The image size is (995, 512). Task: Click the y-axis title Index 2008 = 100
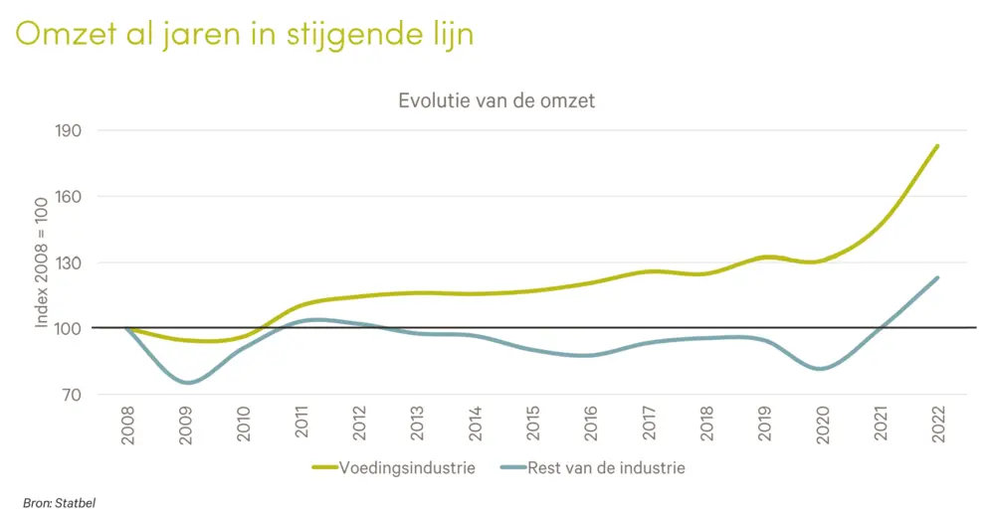click(42, 262)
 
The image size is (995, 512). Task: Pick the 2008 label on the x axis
click(128, 425)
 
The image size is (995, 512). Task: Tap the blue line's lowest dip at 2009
click(187, 383)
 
